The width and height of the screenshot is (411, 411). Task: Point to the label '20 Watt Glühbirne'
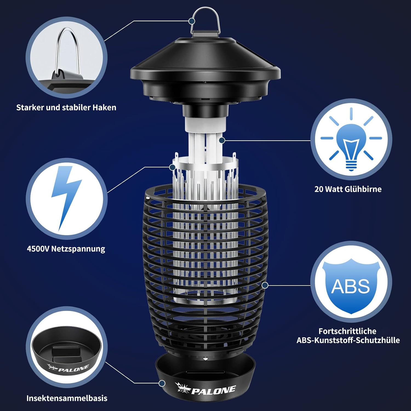pyautogui.click(x=348, y=189)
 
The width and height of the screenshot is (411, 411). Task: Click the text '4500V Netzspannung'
pyautogui.click(x=66, y=249)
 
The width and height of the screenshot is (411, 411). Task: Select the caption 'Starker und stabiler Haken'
pyautogui.click(x=66, y=107)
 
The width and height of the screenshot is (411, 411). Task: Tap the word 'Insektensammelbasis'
pyautogui.click(x=67, y=398)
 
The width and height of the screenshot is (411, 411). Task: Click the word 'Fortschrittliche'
pyautogui.click(x=347, y=331)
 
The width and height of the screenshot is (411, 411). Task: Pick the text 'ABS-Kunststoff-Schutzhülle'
pyautogui.click(x=348, y=340)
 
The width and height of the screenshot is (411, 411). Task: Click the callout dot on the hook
pyautogui.click(x=192, y=21)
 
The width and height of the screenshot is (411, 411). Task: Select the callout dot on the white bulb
pyautogui.click(x=222, y=140)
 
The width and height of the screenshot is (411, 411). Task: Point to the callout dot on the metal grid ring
pyautogui.click(x=172, y=167)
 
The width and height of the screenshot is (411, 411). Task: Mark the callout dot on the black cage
pyautogui.click(x=265, y=285)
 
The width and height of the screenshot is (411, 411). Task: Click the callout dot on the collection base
pyautogui.click(x=162, y=383)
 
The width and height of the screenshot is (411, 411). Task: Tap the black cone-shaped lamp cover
pyautogui.click(x=206, y=68)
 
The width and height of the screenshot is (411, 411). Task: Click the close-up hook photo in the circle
pyautogui.click(x=67, y=58)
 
